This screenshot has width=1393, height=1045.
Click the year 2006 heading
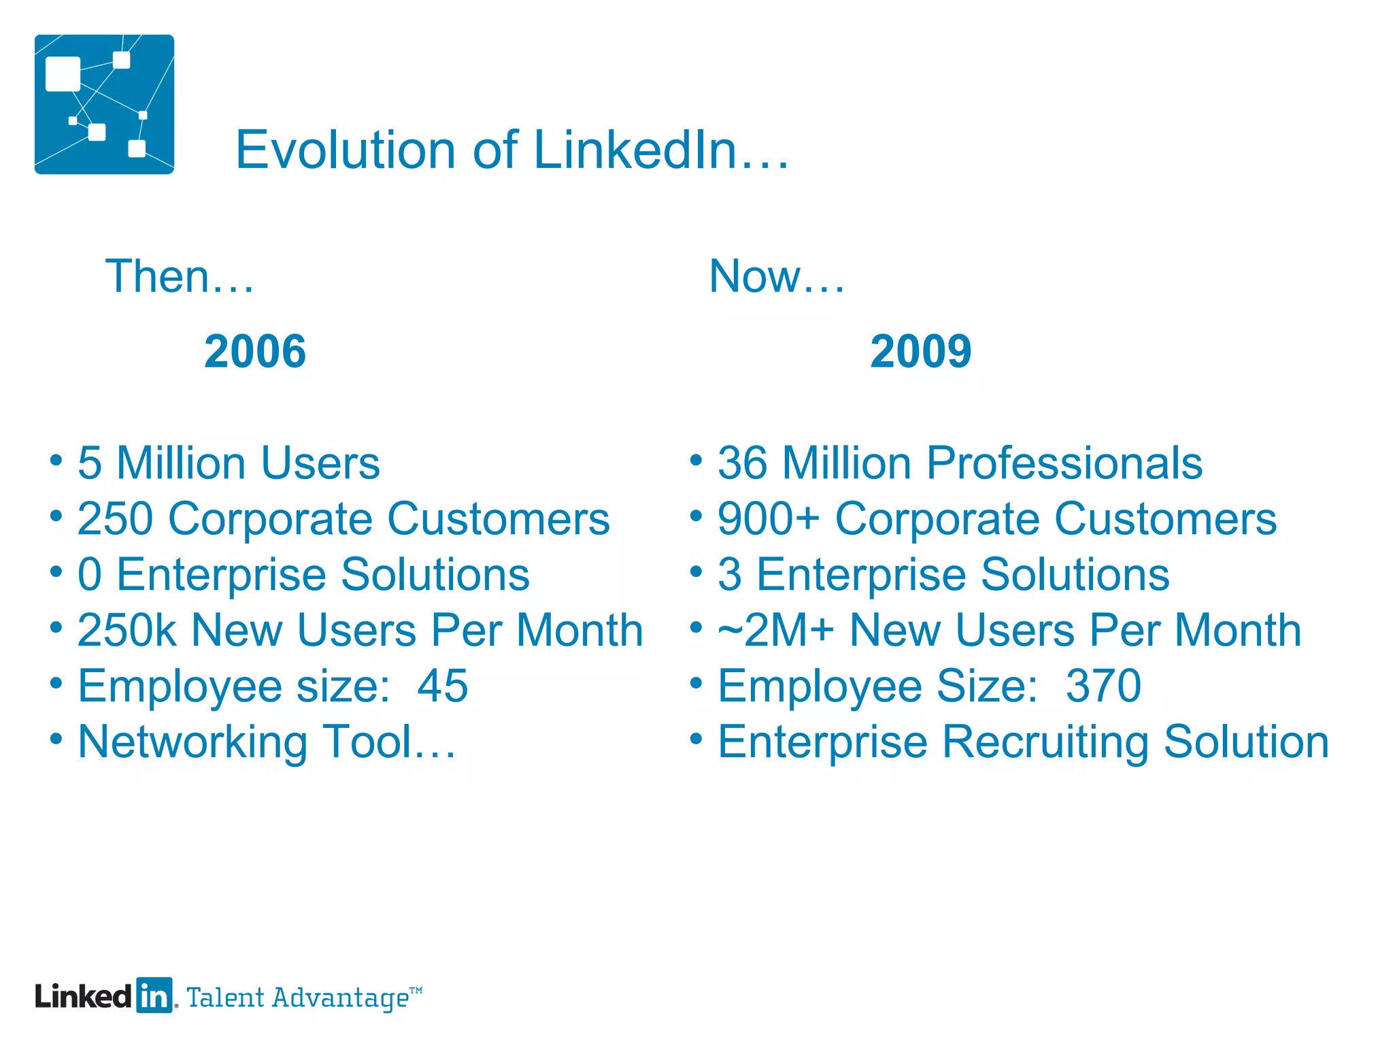click(255, 352)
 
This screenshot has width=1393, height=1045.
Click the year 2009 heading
click(920, 352)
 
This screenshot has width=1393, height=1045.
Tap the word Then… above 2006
click(180, 276)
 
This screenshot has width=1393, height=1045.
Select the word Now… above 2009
click(777, 276)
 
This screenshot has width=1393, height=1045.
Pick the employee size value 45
click(443, 686)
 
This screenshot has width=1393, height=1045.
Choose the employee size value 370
click(1103, 686)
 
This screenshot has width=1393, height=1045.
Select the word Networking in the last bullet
click(193, 742)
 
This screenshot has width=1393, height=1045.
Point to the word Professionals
click(1064, 463)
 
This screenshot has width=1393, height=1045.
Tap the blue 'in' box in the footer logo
click(154, 996)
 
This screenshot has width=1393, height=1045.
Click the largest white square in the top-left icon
click(63, 73)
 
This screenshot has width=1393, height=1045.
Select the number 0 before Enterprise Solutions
click(90, 575)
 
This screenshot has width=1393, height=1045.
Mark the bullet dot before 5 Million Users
click(56, 461)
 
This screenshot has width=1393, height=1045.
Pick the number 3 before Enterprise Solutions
click(730, 575)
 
